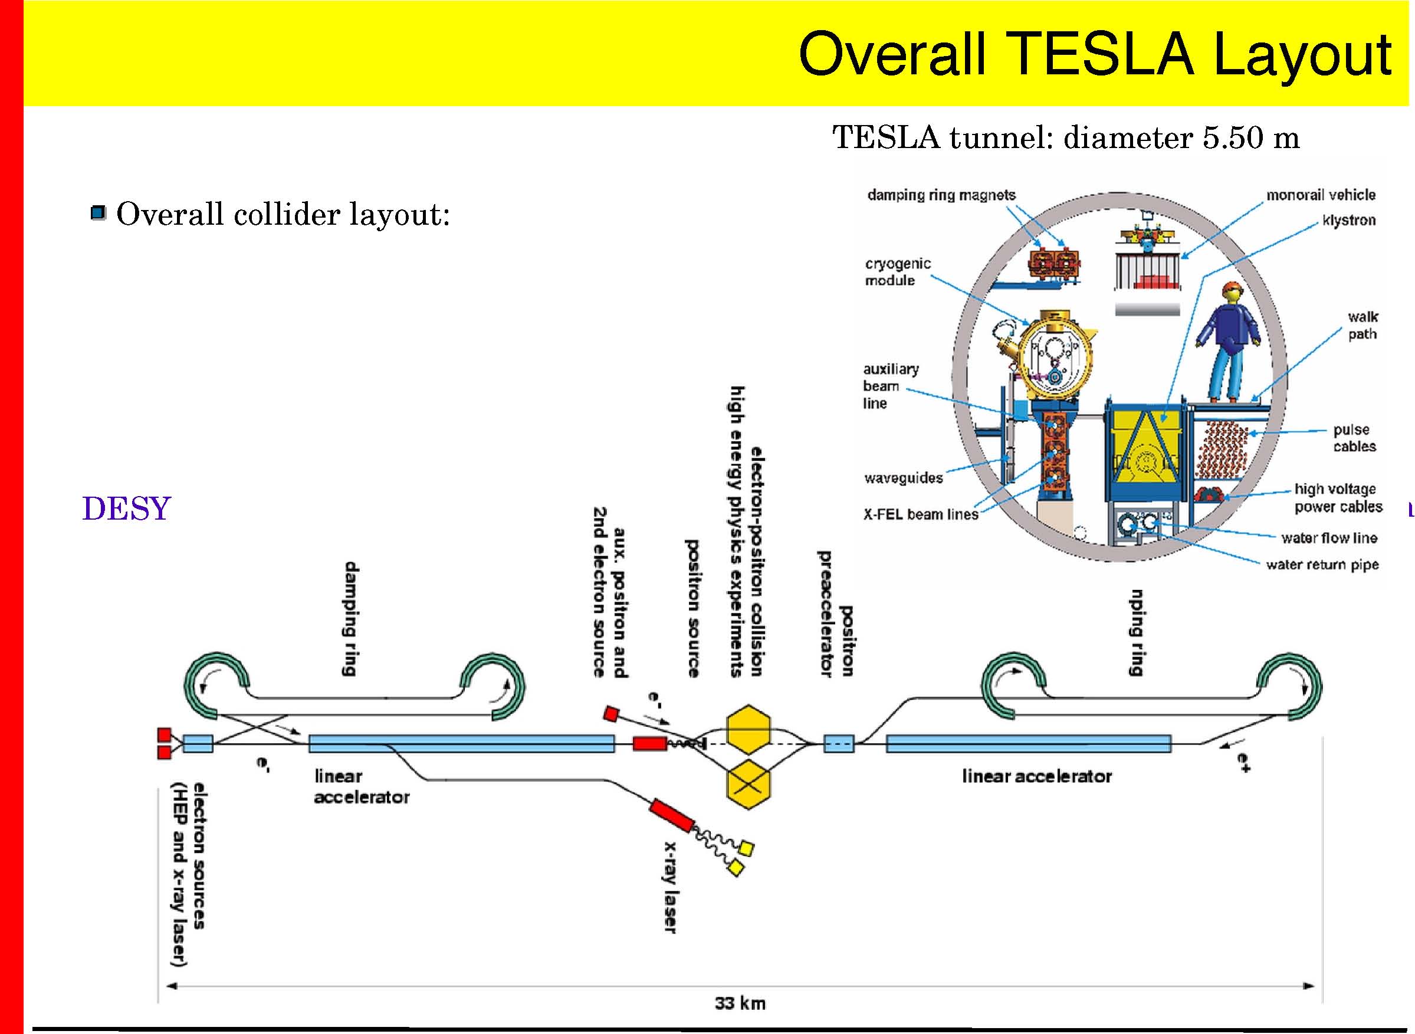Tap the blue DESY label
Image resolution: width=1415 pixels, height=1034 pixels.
click(126, 508)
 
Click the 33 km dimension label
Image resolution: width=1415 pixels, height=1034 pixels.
click(740, 1003)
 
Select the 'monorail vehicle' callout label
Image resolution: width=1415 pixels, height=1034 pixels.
click(1321, 195)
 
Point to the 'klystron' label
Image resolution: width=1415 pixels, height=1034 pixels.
click(1349, 221)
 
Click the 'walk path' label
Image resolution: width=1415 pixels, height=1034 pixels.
click(1363, 326)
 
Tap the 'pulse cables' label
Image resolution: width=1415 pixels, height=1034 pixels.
click(1354, 438)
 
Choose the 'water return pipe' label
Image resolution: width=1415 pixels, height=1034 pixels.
click(1322, 564)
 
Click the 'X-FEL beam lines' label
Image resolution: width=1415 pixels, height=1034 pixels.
click(921, 514)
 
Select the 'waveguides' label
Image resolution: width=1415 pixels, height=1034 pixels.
click(903, 478)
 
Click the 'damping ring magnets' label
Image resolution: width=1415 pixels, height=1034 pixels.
click(941, 195)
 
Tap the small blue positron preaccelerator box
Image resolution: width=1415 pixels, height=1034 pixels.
click(839, 744)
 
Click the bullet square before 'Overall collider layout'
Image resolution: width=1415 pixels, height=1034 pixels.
click(99, 214)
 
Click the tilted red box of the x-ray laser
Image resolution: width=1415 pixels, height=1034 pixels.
click(671, 815)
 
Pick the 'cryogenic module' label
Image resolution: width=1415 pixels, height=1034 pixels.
click(898, 272)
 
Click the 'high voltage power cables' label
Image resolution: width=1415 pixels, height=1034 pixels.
click(1338, 498)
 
